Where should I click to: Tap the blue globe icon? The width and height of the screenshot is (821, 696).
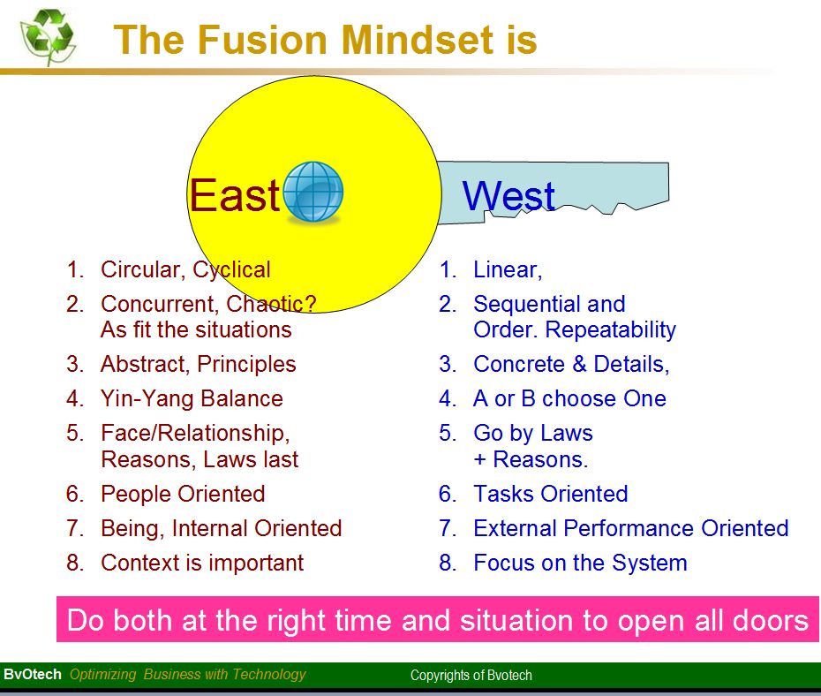pos(313,192)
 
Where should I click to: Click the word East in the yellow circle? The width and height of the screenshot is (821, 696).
pos(234,195)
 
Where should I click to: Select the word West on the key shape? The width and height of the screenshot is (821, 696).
pos(508,195)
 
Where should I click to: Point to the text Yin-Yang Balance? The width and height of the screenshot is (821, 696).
pos(192,398)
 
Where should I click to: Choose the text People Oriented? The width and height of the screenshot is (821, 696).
pos(183,494)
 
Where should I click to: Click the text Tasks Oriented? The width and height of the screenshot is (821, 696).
pos(550,494)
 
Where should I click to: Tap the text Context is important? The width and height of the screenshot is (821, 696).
pos(202,563)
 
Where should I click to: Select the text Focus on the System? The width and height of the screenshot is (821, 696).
pos(580,563)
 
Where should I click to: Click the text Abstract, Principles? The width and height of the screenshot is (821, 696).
pos(199,364)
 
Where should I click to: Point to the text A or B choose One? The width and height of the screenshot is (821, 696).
pos(569,398)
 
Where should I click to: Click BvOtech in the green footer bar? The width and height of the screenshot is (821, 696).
pos(33,674)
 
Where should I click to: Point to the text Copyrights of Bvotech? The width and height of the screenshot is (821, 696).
pos(471,676)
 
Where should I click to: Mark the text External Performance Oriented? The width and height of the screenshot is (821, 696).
pos(630,528)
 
